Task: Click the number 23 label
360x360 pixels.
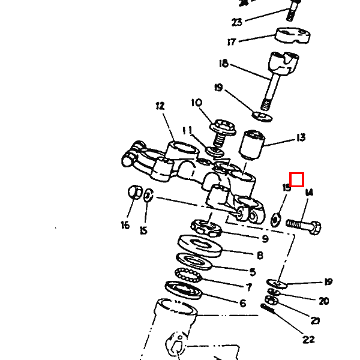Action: click(237, 22)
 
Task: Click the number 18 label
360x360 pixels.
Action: click(223, 64)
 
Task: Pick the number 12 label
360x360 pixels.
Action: click(160, 106)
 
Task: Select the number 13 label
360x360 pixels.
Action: click(301, 138)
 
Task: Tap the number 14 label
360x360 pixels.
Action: click(309, 193)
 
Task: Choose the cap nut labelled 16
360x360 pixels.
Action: click(136, 193)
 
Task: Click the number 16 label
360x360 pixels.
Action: click(125, 225)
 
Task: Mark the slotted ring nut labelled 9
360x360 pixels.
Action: click(206, 226)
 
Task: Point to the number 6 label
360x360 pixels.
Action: click(242, 303)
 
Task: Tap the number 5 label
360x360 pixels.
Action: click(253, 272)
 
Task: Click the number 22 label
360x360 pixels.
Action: click(308, 340)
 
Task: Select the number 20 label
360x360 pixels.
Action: click(323, 301)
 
